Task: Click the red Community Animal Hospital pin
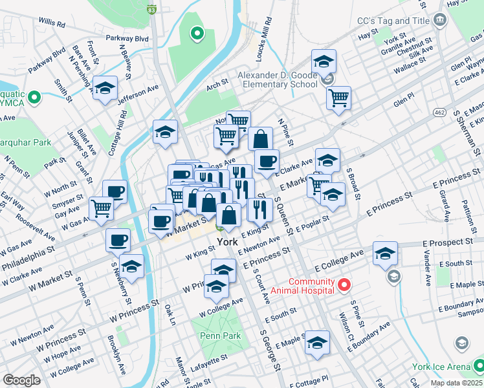tap(344, 284)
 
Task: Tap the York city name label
tap(227, 241)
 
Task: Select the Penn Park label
tap(220, 336)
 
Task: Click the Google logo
tap(21, 380)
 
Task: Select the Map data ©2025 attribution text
tap(456, 383)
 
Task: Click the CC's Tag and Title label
tap(393, 21)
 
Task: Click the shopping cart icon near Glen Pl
tap(338, 98)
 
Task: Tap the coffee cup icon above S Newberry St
tap(118, 241)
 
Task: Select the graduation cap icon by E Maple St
tap(317, 343)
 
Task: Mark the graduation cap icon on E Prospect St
tap(385, 254)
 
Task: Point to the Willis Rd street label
tap(52, 23)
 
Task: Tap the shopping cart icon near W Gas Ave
tap(102, 208)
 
